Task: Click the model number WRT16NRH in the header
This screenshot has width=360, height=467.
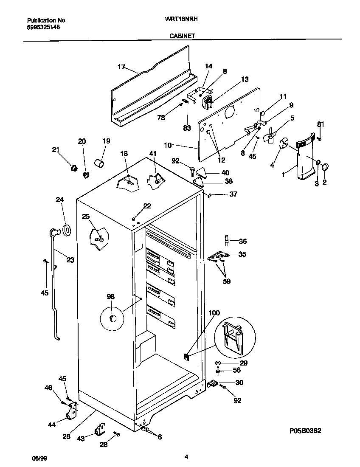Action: click(181, 20)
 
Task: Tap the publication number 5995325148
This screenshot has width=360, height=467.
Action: click(43, 27)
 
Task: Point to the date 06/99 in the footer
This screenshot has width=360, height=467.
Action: click(39, 458)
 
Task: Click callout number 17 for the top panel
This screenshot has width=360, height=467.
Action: click(121, 67)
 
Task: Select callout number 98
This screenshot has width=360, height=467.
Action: click(110, 297)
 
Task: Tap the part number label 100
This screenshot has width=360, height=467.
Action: click(214, 313)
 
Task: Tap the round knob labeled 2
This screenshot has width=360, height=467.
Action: click(326, 167)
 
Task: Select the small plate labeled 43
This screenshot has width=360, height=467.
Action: click(101, 429)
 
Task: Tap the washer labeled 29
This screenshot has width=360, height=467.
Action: click(218, 363)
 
